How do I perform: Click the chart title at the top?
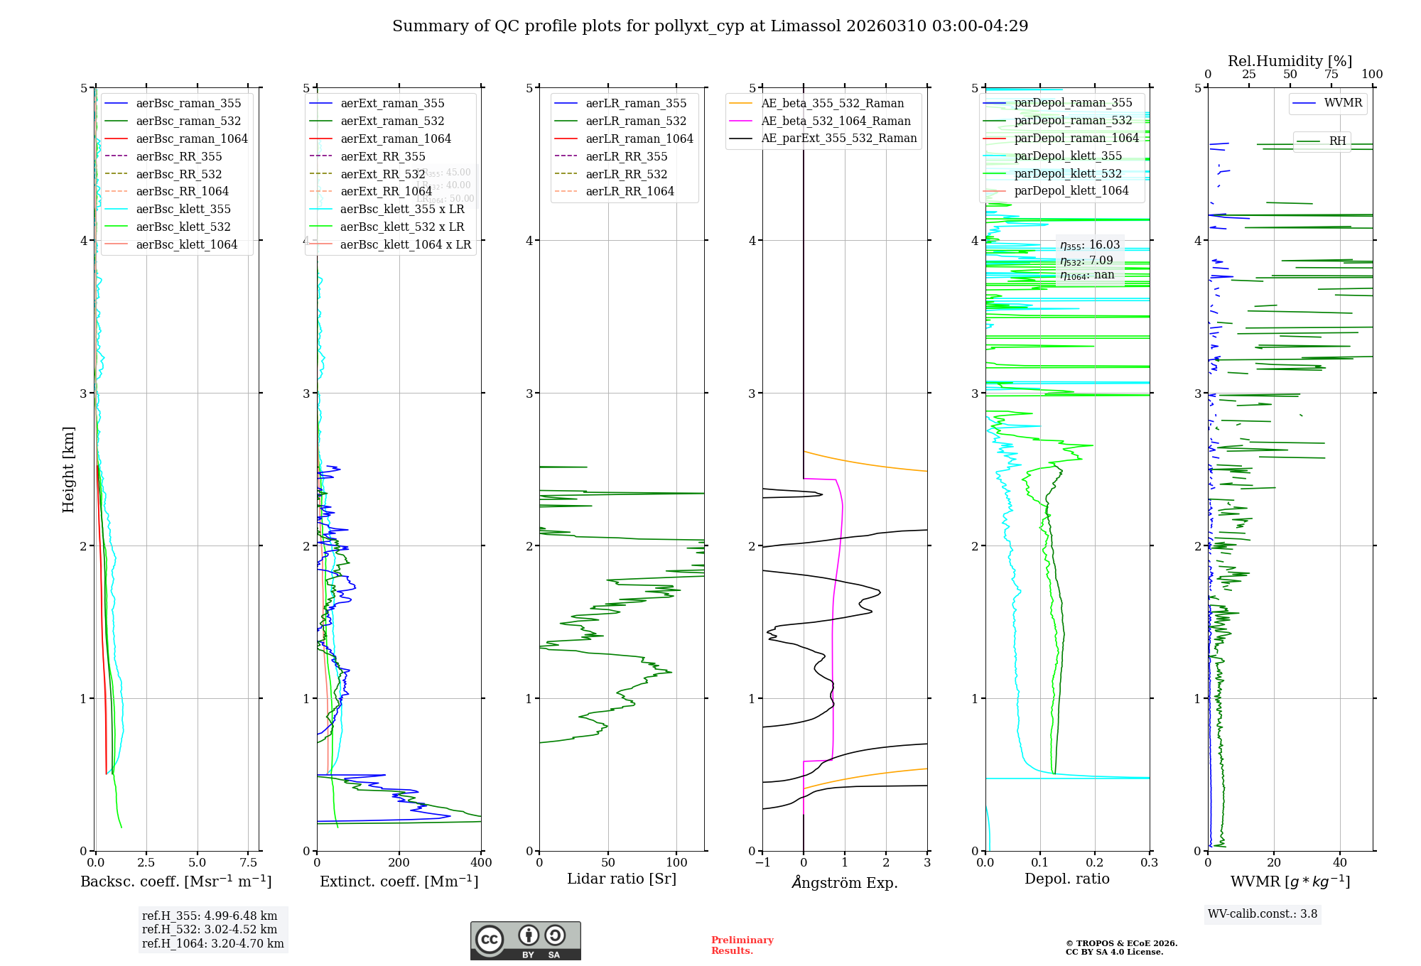(x=710, y=26)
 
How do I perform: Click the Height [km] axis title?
(x=68, y=470)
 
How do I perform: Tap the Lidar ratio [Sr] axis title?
(x=622, y=879)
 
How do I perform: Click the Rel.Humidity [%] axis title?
(x=1290, y=61)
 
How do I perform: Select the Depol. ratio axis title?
(x=1066, y=879)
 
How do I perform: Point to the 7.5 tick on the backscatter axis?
(x=249, y=863)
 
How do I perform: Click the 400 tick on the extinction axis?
(x=481, y=863)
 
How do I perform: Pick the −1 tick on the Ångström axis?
(x=762, y=863)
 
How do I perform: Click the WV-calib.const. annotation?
(x=1263, y=914)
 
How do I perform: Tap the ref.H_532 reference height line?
(x=210, y=930)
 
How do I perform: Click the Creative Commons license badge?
(x=525, y=941)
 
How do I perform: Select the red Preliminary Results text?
(x=742, y=945)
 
